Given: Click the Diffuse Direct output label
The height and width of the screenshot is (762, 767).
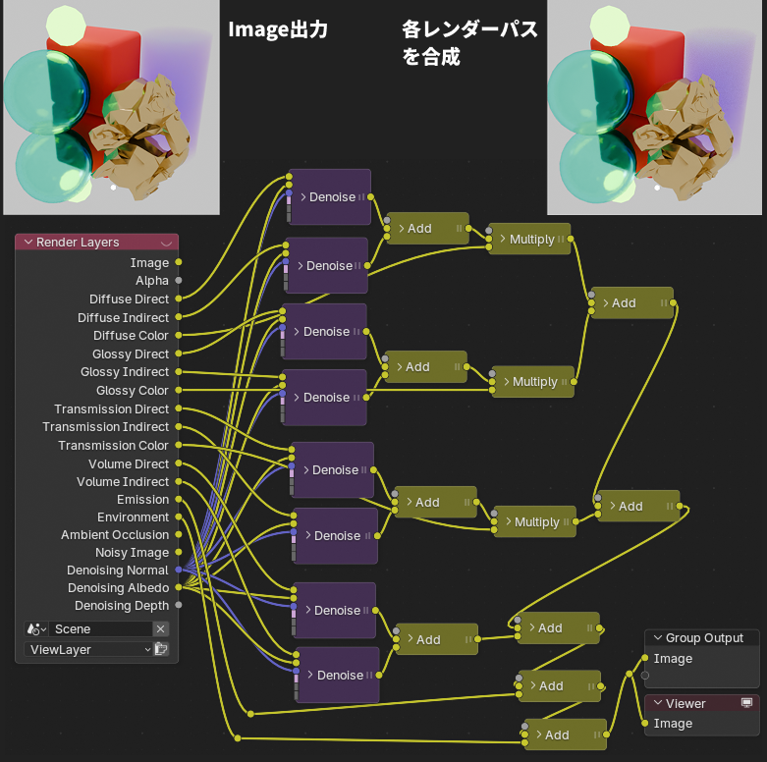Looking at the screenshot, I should click(129, 299).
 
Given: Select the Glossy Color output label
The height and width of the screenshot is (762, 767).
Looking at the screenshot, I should click(133, 391).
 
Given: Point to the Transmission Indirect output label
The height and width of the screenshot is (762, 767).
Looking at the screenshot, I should click(105, 427).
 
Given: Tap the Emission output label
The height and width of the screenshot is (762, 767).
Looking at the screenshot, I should click(142, 500).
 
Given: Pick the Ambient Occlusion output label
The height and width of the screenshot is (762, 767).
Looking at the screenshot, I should click(115, 535).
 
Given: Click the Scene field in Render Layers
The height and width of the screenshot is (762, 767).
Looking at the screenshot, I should click(98, 629).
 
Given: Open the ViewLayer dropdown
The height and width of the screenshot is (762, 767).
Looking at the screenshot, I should click(88, 649).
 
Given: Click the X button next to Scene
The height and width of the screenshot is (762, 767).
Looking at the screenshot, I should click(161, 629).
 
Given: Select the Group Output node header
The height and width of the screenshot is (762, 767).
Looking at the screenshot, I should click(703, 638).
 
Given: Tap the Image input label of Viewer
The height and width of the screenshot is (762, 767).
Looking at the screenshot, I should click(673, 724).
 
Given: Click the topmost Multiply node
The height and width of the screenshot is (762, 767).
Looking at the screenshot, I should click(530, 240).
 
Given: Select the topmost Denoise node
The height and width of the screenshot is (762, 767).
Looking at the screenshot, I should click(330, 197).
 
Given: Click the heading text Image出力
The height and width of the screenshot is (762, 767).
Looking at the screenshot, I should click(277, 30).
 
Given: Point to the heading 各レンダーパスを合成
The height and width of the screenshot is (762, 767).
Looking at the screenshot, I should click(469, 43).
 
